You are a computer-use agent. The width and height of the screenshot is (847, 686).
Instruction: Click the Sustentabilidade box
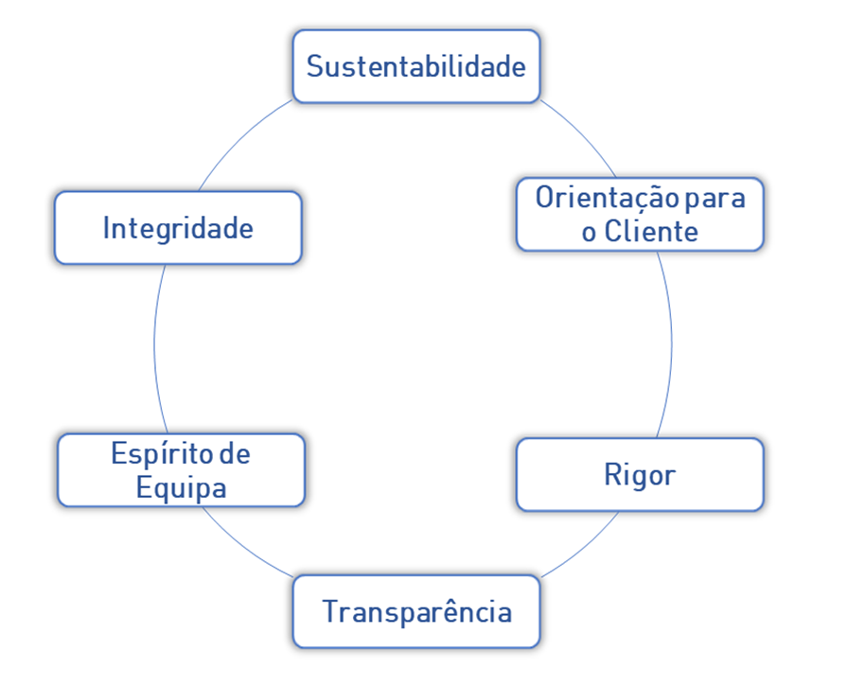click(x=416, y=66)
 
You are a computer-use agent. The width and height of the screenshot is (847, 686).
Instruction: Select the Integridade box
click(x=178, y=228)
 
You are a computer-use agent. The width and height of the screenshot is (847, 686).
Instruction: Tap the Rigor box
click(x=640, y=474)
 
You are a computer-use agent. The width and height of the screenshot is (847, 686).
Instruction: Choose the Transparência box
click(x=416, y=611)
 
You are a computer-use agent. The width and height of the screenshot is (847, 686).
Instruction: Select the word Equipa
click(x=182, y=488)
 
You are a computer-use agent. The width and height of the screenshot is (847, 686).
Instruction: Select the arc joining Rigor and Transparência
click(x=582, y=549)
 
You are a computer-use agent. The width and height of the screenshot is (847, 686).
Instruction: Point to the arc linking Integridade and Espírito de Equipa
click(x=154, y=345)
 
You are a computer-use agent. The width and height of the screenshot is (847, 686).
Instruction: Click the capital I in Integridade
click(x=107, y=228)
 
